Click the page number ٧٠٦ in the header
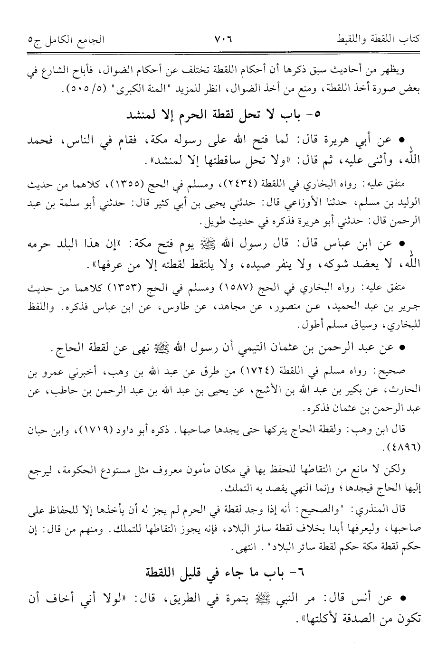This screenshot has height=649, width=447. tap(222, 38)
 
